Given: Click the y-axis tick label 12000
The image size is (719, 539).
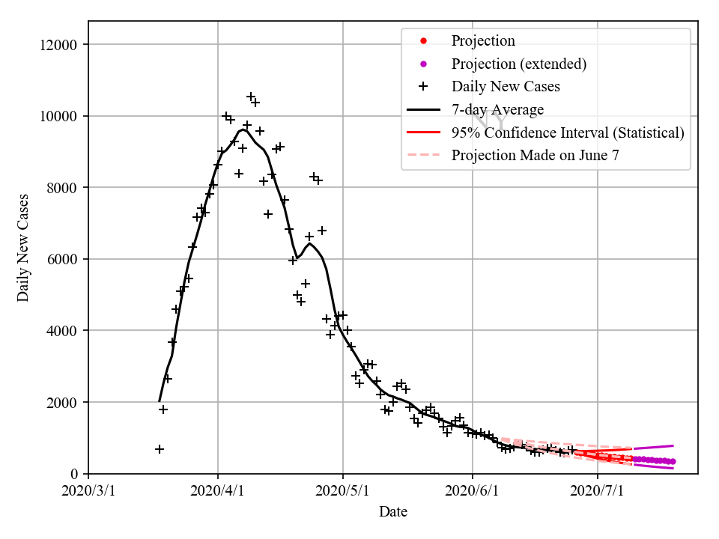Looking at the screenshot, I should pyautogui.click(x=59, y=45).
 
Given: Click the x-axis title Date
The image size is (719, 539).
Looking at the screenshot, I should pyautogui.click(x=393, y=512).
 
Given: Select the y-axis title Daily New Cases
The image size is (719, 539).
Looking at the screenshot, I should pyautogui.click(x=23, y=247).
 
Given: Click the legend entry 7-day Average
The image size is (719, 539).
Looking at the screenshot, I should pyautogui.click(x=497, y=110).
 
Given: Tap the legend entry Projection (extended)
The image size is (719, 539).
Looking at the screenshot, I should pyautogui.click(x=518, y=64).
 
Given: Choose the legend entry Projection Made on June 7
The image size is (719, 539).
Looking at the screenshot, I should pyautogui.click(x=535, y=156).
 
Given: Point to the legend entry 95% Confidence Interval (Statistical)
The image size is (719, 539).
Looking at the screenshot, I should pyautogui.click(x=568, y=133).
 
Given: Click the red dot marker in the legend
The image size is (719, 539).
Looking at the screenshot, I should pyautogui.click(x=422, y=40).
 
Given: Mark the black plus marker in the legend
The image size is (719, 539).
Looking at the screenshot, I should pyautogui.click(x=422, y=87).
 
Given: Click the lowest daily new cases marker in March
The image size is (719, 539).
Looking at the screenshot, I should pyautogui.click(x=160, y=449).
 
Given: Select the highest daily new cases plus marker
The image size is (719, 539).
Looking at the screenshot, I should pyautogui.click(x=251, y=97).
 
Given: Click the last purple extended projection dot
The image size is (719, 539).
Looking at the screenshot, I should pyautogui.click(x=673, y=462).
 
